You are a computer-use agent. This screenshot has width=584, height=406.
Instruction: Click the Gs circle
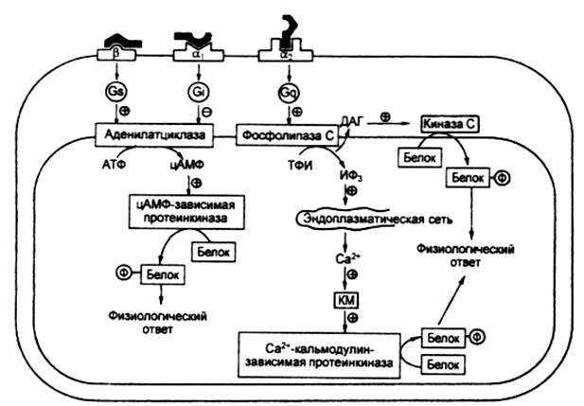[x=116, y=95]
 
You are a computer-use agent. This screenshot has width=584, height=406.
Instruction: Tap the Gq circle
[x=287, y=95]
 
